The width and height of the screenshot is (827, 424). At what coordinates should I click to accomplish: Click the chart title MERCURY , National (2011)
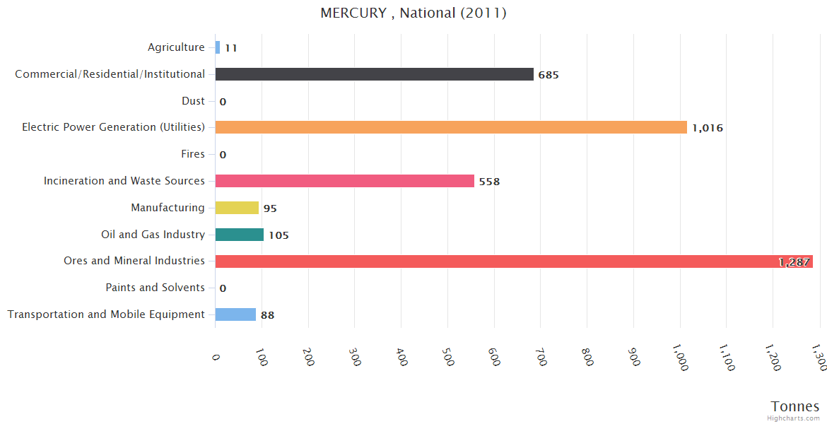click(413, 13)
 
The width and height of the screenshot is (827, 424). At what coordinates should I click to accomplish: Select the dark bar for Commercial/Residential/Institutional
click(374, 74)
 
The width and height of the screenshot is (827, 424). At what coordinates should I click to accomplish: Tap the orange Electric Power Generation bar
click(451, 127)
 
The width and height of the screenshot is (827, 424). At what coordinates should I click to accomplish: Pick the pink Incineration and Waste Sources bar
click(344, 181)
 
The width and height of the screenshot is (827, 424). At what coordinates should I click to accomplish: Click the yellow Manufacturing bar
click(237, 208)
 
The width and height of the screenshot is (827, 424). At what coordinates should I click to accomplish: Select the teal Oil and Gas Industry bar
click(239, 235)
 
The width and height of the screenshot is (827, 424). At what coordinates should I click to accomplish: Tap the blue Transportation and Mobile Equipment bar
click(235, 314)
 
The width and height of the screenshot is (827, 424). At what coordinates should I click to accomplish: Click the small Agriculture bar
click(218, 47)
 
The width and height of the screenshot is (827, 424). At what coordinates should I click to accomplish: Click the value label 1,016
click(708, 128)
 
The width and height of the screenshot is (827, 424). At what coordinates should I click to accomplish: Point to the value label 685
click(549, 75)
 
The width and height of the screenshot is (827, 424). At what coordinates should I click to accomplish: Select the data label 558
click(489, 182)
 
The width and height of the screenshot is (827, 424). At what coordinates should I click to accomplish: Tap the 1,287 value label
click(794, 262)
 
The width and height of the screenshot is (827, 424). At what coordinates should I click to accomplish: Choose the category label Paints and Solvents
click(155, 288)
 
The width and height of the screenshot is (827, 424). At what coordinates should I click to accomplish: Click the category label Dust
click(193, 101)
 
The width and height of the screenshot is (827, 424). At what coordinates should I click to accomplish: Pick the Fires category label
click(193, 154)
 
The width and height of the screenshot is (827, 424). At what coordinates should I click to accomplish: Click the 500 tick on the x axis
click(447, 358)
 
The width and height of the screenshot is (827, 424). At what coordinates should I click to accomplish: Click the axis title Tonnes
click(795, 406)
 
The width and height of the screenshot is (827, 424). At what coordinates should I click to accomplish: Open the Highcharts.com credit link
click(794, 418)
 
